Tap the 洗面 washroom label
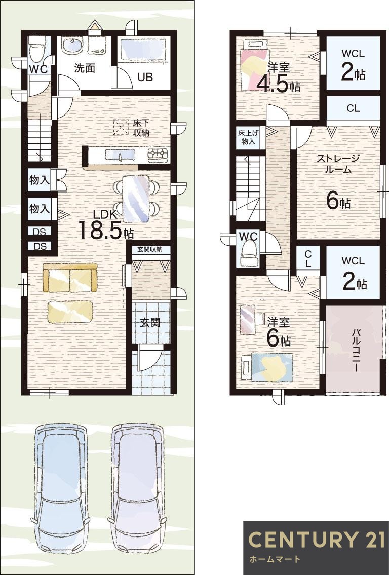point(85,69)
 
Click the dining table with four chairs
point(136,198)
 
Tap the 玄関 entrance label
point(150,322)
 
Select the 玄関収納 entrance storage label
point(150,250)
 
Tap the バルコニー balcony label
point(356,350)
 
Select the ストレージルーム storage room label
point(338,164)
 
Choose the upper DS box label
point(39,232)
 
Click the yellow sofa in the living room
point(70,278)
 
